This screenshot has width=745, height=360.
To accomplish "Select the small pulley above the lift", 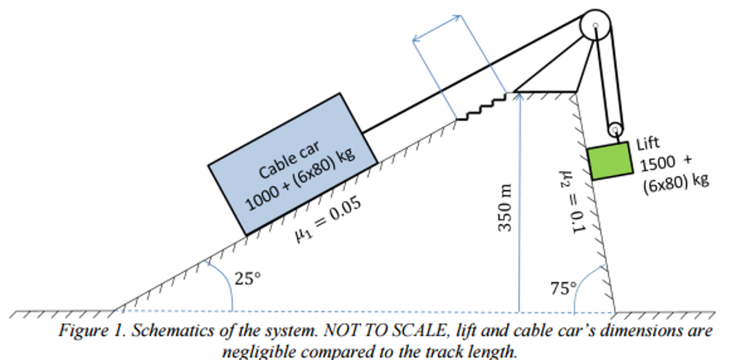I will pos(615,130).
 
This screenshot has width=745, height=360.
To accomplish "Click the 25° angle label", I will pos(247,277).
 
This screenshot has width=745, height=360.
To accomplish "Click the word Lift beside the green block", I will pos(648,143).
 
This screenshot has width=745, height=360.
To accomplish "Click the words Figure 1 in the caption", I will pos(87,331).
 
